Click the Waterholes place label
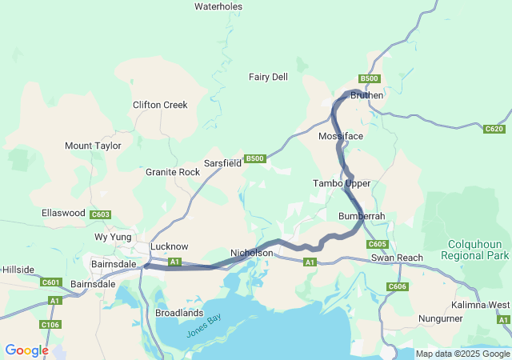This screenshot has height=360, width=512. tap(218, 6)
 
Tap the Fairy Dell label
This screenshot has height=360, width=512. tap(268, 77)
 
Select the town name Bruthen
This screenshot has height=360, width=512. tap(367, 95)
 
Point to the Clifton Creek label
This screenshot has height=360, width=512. tap(160, 105)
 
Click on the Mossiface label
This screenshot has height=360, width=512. tap(341, 136)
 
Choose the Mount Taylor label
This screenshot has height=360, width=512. tap(93, 146)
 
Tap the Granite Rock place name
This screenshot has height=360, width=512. tap(173, 172)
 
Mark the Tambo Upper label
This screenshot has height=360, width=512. tap(342, 183)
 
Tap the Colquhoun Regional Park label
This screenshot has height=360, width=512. tap(475, 250)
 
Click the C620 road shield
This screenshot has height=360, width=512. tap(494, 129)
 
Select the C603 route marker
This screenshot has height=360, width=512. tap(101, 214)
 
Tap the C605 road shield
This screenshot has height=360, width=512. tap(378, 244)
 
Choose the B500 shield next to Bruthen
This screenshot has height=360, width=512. tap(369, 78)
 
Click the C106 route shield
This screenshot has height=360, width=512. tap(50, 324)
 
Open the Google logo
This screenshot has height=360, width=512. tap(26, 350)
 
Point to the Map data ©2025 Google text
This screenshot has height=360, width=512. tap(462, 354)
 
